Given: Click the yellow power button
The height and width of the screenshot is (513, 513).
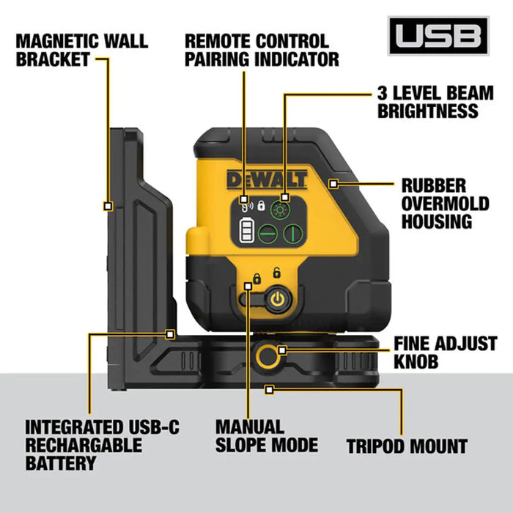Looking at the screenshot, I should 276,299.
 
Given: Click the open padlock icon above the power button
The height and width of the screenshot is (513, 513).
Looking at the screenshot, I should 276,273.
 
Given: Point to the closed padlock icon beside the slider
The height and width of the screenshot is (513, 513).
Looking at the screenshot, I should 256,279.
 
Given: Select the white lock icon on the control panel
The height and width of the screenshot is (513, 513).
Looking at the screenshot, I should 260,205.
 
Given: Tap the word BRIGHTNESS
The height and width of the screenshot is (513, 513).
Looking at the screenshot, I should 427,111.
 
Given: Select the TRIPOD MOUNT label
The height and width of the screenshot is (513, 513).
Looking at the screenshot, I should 406,446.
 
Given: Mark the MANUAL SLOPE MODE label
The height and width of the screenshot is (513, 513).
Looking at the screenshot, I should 266,435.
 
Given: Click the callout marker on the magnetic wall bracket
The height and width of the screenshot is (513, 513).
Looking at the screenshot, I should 108,207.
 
